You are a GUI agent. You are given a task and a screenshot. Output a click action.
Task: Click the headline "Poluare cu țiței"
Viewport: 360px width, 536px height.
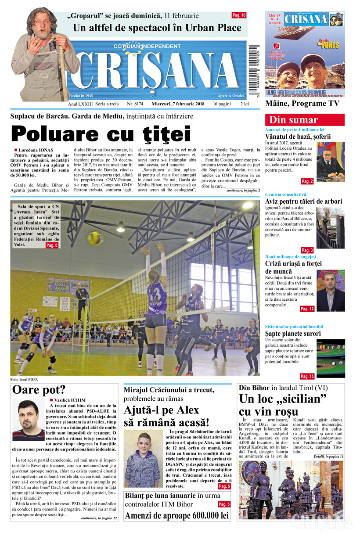pos(101,134)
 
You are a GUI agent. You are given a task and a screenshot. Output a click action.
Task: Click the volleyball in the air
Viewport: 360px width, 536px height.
pos(95,238)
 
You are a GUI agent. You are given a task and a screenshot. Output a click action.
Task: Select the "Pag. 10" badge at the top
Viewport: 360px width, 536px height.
pos(239,15)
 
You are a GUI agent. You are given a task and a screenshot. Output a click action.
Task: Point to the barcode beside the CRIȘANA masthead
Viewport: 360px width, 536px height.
pos(255,66)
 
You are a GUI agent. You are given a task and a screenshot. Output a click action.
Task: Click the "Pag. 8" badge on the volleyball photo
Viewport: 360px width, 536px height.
pos(52,245)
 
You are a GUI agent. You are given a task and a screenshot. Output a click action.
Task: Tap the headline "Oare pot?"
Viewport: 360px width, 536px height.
pos(39,390)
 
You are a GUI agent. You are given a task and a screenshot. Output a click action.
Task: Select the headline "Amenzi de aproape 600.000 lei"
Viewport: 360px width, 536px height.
pos(177,515)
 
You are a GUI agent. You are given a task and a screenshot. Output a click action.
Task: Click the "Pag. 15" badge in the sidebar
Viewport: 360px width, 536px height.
pos(307,376)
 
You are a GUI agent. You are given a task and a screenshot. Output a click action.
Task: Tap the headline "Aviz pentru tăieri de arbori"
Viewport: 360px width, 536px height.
pos(303,201)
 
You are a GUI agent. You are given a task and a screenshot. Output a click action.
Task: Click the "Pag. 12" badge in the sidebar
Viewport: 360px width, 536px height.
pos(307,309)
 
